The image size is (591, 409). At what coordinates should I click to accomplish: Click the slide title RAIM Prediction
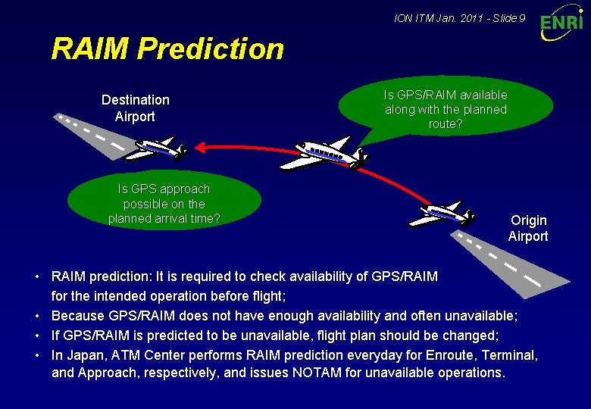click(x=167, y=49)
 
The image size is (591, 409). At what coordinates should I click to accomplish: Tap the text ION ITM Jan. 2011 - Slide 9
click(x=460, y=17)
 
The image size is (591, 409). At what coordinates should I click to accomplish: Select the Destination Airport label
click(x=135, y=108)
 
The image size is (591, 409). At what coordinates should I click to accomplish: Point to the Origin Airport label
click(x=528, y=228)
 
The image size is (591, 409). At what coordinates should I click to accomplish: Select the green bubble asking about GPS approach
click(x=164, y=203)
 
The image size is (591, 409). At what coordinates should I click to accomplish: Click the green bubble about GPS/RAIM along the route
click(x=446, y=110)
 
